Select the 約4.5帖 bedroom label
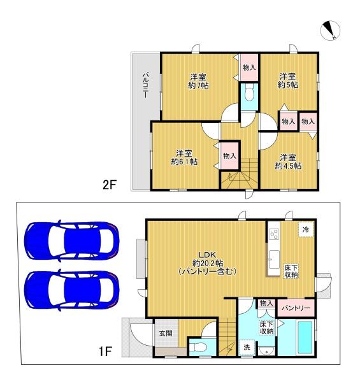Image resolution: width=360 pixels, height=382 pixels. tap(288, 161)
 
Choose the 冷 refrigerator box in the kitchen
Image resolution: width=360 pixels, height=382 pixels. tap(306, 229)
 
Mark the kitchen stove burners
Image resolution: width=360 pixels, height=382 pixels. tap(273, 234)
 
